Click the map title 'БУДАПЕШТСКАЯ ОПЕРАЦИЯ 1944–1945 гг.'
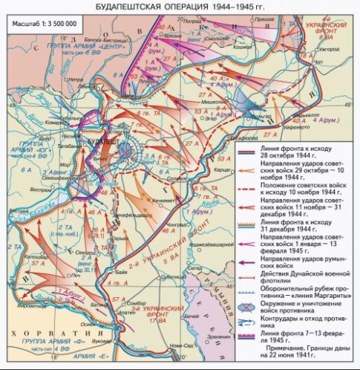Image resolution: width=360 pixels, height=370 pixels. coord(180,6)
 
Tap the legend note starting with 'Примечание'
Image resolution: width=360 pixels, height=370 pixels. coord(307,354)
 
